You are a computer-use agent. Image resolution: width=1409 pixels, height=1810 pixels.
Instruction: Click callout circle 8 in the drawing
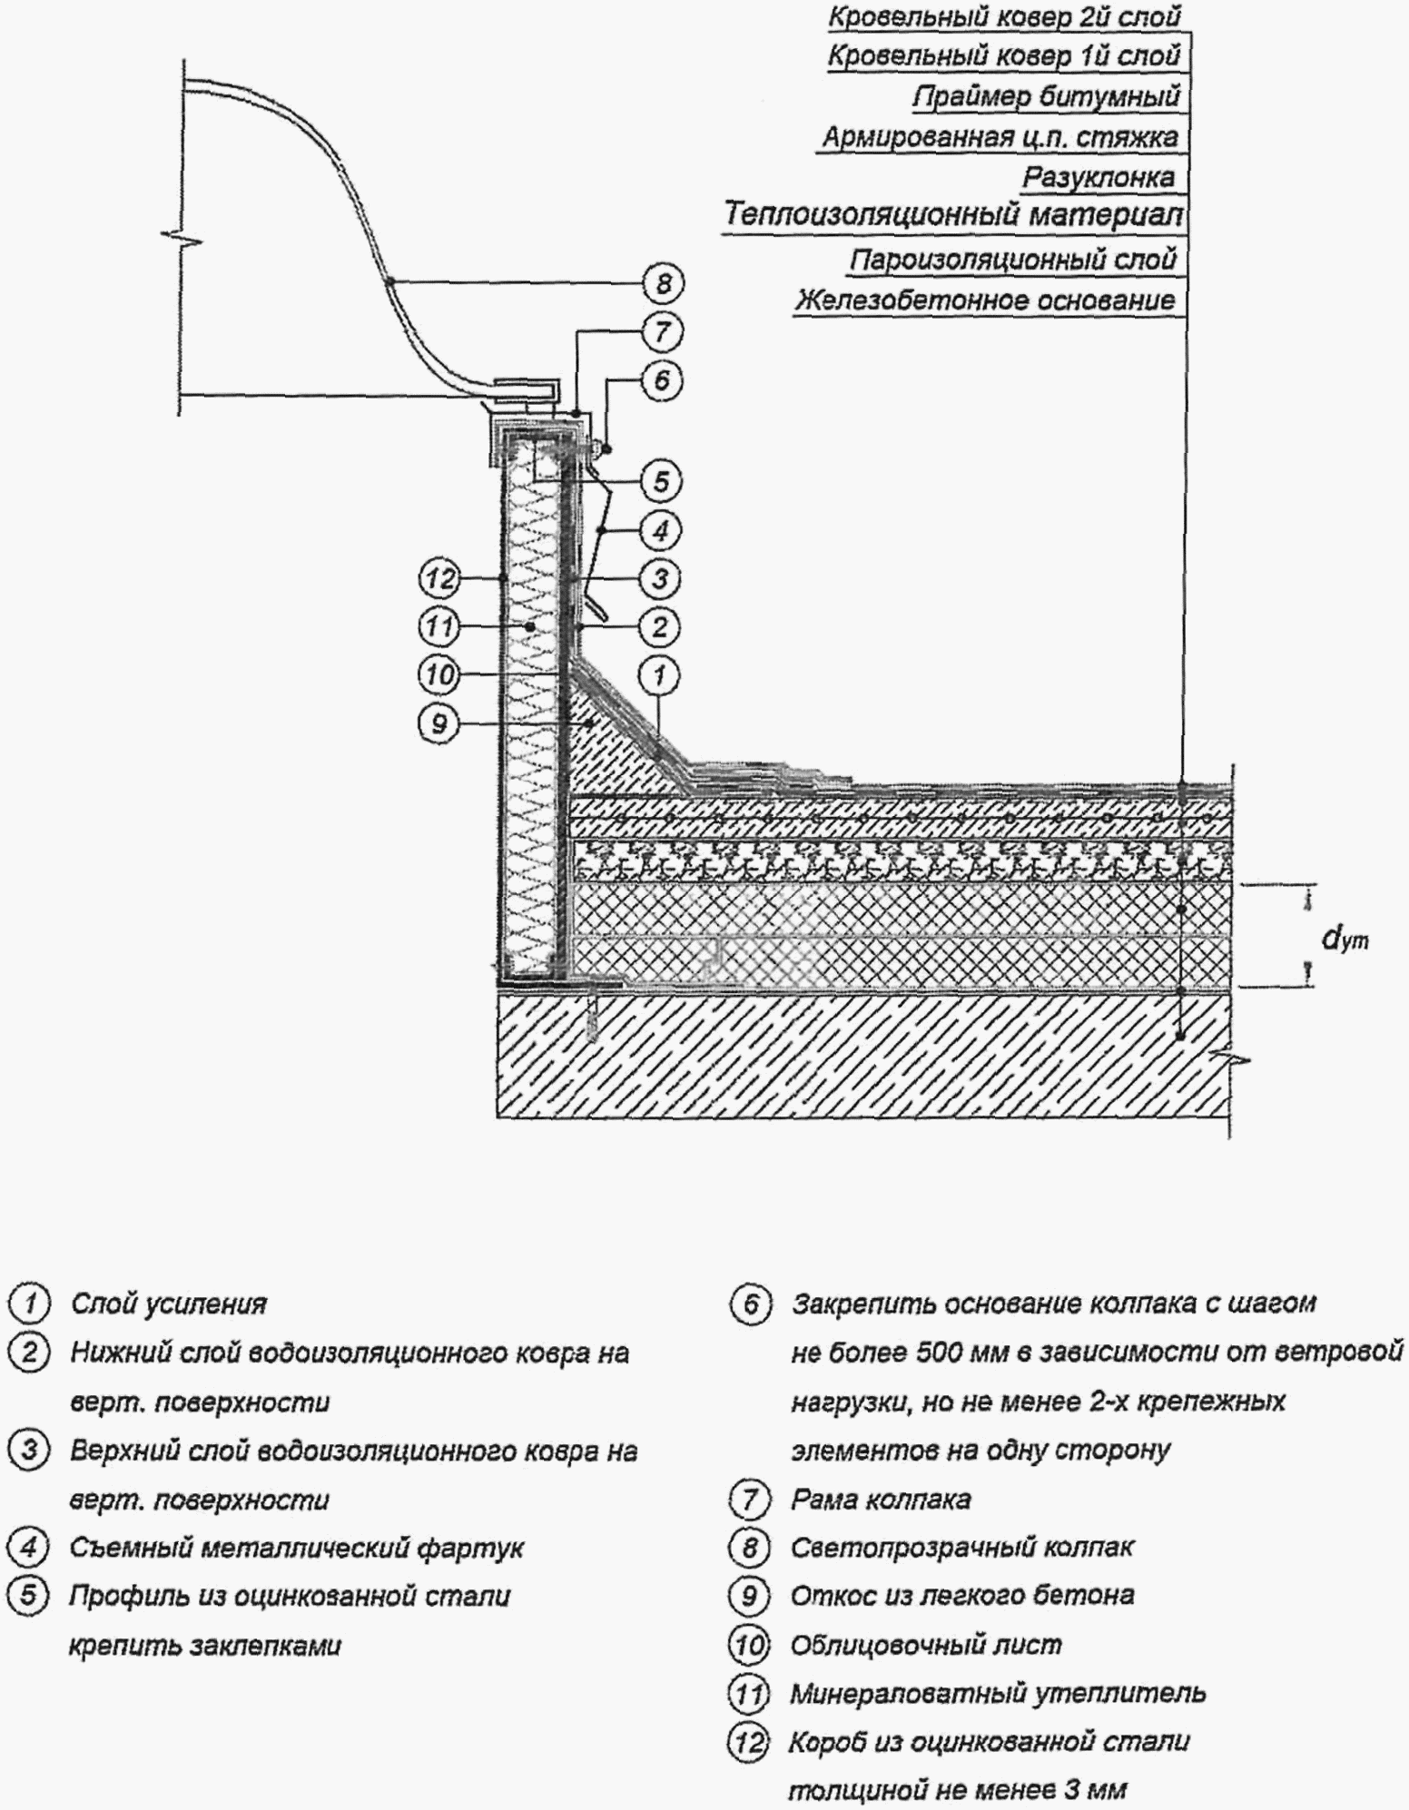coord(664,284)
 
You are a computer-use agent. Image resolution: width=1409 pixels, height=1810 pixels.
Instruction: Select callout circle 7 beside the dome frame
coord(662,331)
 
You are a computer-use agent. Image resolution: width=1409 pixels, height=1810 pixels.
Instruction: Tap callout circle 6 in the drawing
coord(661,379)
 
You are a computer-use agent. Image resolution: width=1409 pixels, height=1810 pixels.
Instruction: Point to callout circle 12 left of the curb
coord(439,578)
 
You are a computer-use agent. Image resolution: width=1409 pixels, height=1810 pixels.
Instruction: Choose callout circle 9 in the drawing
coord(439,724)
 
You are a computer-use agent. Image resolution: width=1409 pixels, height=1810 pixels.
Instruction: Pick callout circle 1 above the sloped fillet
coord(660,675)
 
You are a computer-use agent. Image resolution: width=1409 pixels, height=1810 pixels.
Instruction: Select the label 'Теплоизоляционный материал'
coord(954,216)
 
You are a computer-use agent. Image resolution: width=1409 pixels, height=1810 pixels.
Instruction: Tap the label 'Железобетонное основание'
coord(985,300)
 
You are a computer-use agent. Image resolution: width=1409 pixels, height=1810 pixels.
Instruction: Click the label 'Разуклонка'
coord(1099,178)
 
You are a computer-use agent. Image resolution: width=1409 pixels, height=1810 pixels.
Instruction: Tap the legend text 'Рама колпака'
coord(881,1499)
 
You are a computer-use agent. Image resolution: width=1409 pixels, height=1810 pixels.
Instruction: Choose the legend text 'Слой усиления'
coord(169,1304)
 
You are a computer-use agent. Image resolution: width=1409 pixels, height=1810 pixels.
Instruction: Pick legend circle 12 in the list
coord(749,1741)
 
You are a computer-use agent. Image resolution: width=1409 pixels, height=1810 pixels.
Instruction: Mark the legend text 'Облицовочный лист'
coord(926,1644)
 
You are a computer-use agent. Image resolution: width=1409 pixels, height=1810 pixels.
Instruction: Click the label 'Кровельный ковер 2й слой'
coord(1004,17)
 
